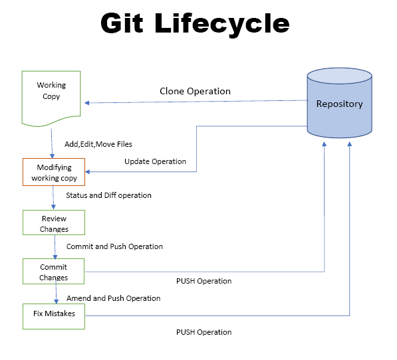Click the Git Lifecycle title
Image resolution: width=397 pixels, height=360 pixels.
[x=195, y=24]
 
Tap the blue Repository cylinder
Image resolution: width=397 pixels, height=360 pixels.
[x=339, y=104]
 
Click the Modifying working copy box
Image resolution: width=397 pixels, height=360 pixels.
[x=54, y=172]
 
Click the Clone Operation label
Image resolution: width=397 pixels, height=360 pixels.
[x=195, y=91]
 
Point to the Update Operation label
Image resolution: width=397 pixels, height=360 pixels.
[x=155, y=161]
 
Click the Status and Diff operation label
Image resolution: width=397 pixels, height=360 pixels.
[x=108, y=195]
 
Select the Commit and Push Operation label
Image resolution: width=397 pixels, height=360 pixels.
[x=114, y=246]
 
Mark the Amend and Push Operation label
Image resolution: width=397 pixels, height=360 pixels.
[x=113, y=298]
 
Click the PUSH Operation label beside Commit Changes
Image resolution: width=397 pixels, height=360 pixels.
[x=203, y=281]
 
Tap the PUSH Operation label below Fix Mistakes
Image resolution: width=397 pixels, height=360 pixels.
[x=203, y=332]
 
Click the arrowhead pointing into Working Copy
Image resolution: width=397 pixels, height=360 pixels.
[x=85, y=102]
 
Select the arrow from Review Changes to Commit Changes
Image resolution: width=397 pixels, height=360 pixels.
[x=55, y=246]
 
